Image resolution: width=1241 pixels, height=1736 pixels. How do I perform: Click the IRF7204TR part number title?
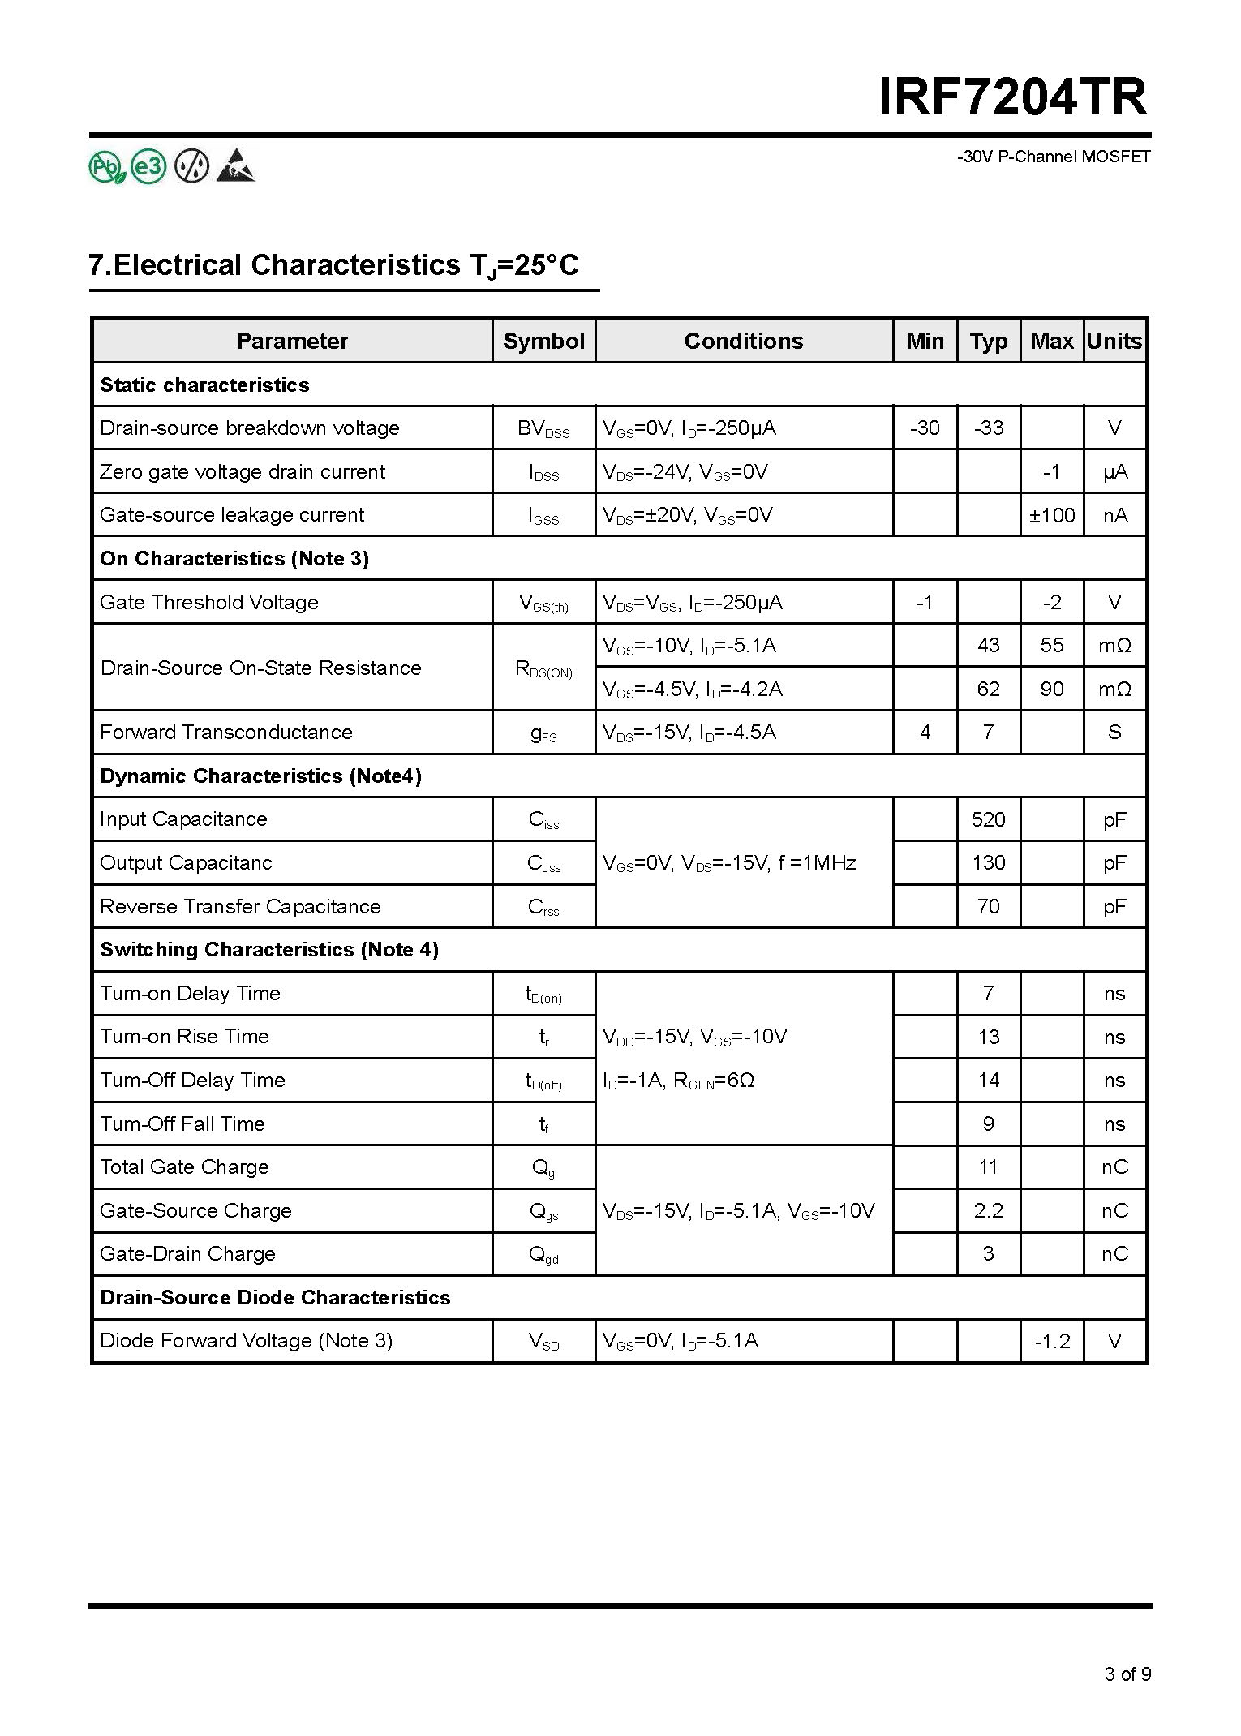pyautogui.click(x=1013, y=98)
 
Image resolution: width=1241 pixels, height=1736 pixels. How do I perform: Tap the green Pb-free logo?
pyautogui.click(x=106, y=167)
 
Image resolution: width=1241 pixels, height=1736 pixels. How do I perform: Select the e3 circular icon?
pyautogui.click(x=148, y=167)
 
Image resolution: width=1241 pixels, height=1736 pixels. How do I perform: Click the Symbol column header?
pyautogui.click(x=543, y=341)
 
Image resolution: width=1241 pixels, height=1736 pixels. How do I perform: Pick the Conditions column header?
pyautogui.click(x=744, y=341)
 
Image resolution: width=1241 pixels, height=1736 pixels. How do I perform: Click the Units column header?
pyautogui.click(x=1114, y=341)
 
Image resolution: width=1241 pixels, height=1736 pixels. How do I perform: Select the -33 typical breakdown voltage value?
pyautogui.click(x=988, y=428)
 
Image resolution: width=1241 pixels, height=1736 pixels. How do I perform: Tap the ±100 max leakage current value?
pyautogui.click(x=1051, y=515)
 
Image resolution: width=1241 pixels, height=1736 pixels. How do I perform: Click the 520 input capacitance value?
pyautogui.click(x=988, y=819)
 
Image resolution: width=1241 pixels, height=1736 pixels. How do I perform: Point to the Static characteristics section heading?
pyautogui.click(x=204, y=385)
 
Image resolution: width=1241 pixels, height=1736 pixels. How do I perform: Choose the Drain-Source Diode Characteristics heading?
pyautogui.click(x=275, y=1297)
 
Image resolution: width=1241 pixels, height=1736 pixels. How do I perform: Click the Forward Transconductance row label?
pyautogui.click(x=226, y=733)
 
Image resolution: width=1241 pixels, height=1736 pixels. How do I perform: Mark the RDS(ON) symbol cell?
pyautogui.click(x=543, y=668)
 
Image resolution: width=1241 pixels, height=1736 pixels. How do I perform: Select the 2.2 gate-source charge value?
pyautogui.click(x=988, y=1210)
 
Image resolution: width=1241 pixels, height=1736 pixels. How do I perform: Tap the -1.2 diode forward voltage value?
pyautogui.click(x=1052, y=1341)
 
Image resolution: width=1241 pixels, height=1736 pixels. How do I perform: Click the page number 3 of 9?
pyautogui.click(x=1127, y=1674)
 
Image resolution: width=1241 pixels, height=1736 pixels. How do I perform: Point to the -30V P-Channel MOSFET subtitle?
pyautogui.click(x=1054, y=157)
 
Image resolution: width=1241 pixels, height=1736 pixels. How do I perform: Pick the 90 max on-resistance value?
pyautogui.click(x=1051, y=689)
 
